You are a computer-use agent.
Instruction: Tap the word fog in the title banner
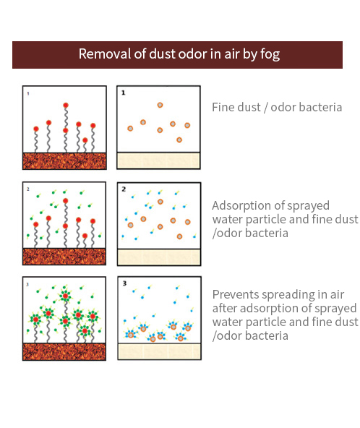click(x=270, y=54)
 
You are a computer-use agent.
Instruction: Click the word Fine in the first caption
click(x=223, y=107)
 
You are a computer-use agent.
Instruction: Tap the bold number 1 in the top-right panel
click(x=124, y=93)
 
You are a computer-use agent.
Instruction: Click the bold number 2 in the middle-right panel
click(x=124, y=189)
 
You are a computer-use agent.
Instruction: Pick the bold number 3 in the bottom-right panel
click(x=124, y=283)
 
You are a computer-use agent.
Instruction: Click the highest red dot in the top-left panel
click(x=66, y=105)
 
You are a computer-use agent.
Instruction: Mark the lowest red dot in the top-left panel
click(x=85, y=140)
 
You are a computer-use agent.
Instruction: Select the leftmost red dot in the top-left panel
click(x=36, y=129)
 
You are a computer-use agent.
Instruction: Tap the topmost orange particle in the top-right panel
click(x=160, y=105)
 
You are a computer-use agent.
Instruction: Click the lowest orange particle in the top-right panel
click(x=179, y=140)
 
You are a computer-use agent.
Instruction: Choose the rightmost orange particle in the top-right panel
click(x=187, y=125)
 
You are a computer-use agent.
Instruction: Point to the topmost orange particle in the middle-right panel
click(x=160, y=202)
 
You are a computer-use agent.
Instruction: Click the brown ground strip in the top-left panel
click(x=64, y=161)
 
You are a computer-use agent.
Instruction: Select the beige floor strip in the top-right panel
click(x=158, y=160)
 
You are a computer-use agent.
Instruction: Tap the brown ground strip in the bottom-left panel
click(x=64, y=352)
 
